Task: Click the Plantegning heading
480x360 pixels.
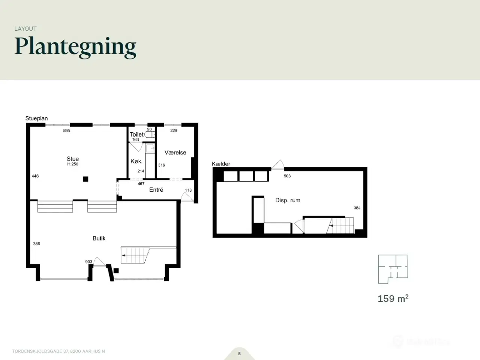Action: (x=75, y=47)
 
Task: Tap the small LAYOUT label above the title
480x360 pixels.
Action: (x=25, y=28)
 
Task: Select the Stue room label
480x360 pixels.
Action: (x=73, y=159)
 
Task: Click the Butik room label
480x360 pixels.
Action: (x=99, y=238)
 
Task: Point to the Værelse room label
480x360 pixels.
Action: (x=175, y=153)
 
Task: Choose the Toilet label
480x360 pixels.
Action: (x=136, y=134)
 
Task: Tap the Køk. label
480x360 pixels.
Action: (x=136, y=161)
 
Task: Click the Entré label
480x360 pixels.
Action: (x=156, y=190)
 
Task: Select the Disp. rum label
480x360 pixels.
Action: (x=288, y=200)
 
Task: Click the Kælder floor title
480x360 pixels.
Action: (x=221, y=164)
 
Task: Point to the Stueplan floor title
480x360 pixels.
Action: (x=36, y=118)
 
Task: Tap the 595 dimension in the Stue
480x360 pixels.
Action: (x=66, y=131)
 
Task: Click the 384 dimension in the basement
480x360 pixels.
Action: (x=357, y=208)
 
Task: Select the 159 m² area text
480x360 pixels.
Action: (x=393, y=298)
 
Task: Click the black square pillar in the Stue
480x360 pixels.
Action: (x=85, y=179)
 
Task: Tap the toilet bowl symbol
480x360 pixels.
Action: (x=150, y=134)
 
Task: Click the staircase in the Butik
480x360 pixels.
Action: (x=135, y=255)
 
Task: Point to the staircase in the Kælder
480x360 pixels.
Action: (x=340, y=226)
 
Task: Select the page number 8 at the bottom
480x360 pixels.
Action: (x=240, y=354)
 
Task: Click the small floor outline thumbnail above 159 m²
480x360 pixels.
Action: (x=393, y=269)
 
